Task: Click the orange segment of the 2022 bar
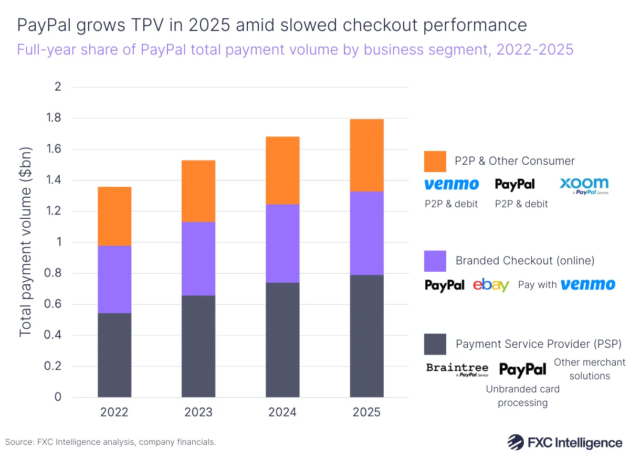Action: (x=114, y=216)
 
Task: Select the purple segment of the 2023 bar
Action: (x=198, y=259)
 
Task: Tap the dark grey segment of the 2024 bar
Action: (x=282, y=339)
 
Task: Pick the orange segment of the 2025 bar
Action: (x=366, y=155)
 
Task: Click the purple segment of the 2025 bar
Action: (x=366, y=233)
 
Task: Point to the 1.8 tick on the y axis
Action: (x=54, y=118)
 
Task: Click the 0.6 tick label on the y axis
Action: (x=54, y=304)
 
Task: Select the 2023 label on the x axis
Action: (x=198, y=412)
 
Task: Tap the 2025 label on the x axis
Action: (x=366, y=412)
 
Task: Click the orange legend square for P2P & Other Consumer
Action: (x=435, y=161)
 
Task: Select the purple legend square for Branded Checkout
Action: (x=435, y=261)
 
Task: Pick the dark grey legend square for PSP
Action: (x=435, y=344)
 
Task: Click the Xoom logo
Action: (x=584, y=185)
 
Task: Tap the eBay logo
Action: (x=491, y=285)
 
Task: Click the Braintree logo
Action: (x=457, y=369)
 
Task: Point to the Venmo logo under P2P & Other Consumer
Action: (x=451, y=184)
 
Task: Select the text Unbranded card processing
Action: (x=522, y=396)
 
